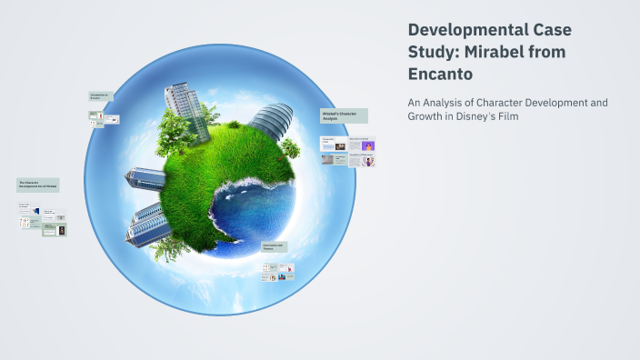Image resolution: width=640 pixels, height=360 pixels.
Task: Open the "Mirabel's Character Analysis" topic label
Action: click(343, 115)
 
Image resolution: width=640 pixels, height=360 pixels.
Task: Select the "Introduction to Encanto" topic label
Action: click(101, 95)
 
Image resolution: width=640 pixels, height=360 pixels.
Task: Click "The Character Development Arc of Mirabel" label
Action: click(37, 185)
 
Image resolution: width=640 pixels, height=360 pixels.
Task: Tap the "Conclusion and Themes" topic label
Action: click(275, 247)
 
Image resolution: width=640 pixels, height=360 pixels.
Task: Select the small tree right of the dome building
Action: click(290, 146)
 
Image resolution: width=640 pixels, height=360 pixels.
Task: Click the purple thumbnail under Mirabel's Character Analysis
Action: click(367, 145)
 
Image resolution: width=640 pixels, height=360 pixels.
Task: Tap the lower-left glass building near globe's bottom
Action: click(145, 224)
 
